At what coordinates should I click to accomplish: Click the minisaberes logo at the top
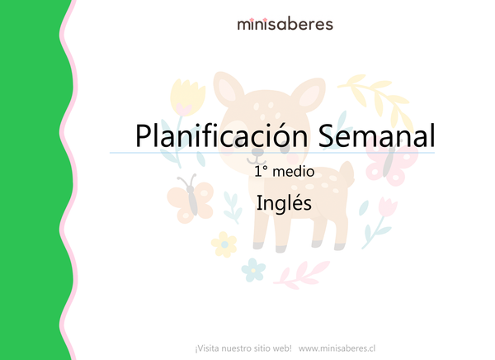(285, 24)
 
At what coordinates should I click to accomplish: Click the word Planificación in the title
(214, 135)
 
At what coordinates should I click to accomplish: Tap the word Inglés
(284, 203)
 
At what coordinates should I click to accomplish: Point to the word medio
(295, 174)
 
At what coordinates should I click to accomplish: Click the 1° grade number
(263, 174)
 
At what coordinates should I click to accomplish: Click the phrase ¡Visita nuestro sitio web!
(243, 348)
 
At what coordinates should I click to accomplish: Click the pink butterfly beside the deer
(389, 161)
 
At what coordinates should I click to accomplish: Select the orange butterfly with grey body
(189, 197)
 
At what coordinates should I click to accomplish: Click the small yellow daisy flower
(223, 243)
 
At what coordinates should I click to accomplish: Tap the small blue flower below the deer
(254, 269)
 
